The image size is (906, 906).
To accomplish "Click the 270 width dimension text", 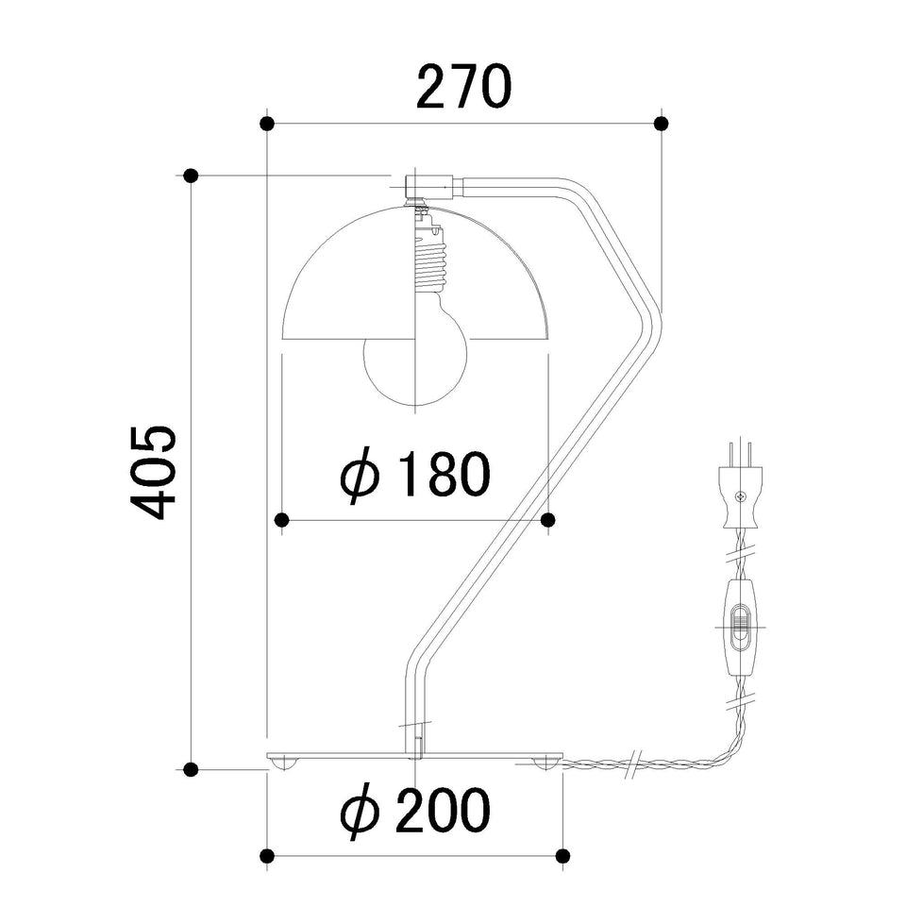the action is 463,87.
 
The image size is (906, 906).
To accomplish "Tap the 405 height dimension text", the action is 153,472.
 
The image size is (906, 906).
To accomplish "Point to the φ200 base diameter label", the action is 415,810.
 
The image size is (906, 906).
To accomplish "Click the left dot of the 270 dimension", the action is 267,123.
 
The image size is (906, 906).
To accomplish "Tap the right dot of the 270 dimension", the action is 662,123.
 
